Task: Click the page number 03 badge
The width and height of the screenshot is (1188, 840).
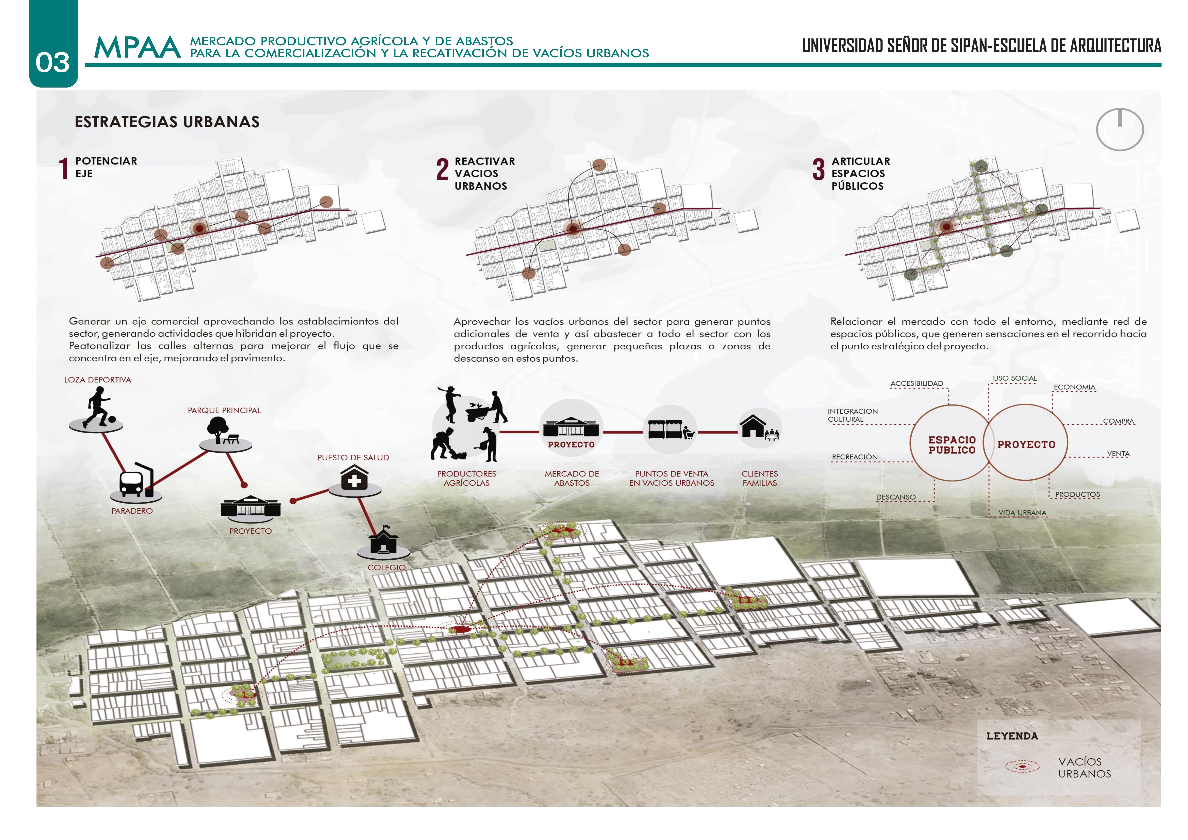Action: pyautogui.click(x=53, y=62)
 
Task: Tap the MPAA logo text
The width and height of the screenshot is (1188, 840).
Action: pyautogui.click(x=137, y=48)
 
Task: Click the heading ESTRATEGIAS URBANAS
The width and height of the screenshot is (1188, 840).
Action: pyautogui.click(x=167, y=122)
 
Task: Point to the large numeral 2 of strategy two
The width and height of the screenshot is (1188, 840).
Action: pyautogui.click(x=442, y=169)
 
